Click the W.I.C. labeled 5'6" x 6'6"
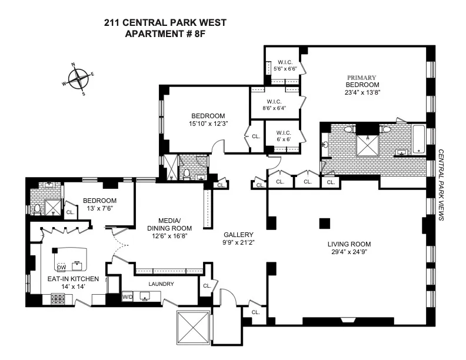pos(285,65)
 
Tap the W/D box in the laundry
pos(128,296)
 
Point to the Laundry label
pos(161,284)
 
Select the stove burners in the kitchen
pos(59,299)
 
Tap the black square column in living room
pos(323,223)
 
